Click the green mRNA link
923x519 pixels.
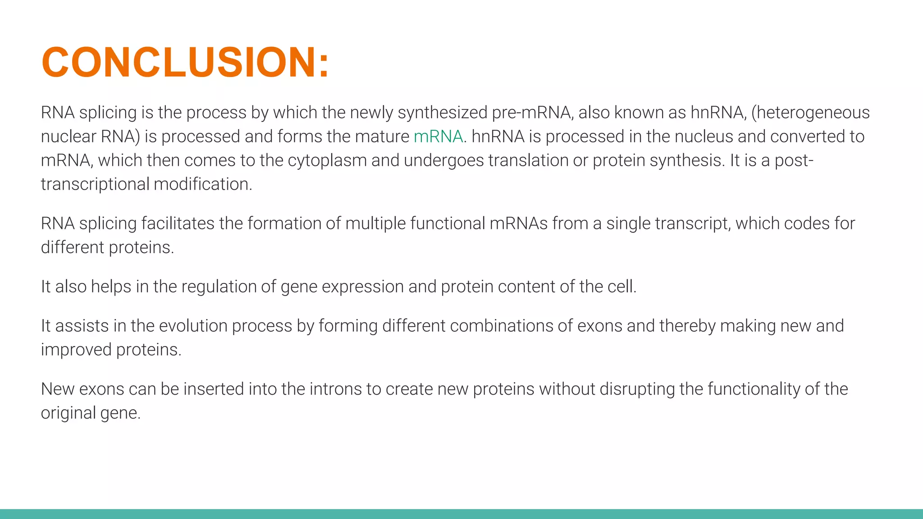[438, 137]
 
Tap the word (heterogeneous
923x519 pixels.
[810, 113]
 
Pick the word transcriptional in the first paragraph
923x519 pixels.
[95, 184]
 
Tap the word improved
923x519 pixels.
[76, 350]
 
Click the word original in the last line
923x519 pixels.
[68, 413]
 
